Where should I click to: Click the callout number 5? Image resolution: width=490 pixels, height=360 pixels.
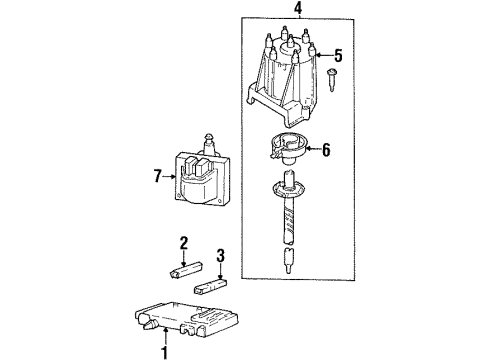tap(338, 56)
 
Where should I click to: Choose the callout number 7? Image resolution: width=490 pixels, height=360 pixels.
tap(156, 178)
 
